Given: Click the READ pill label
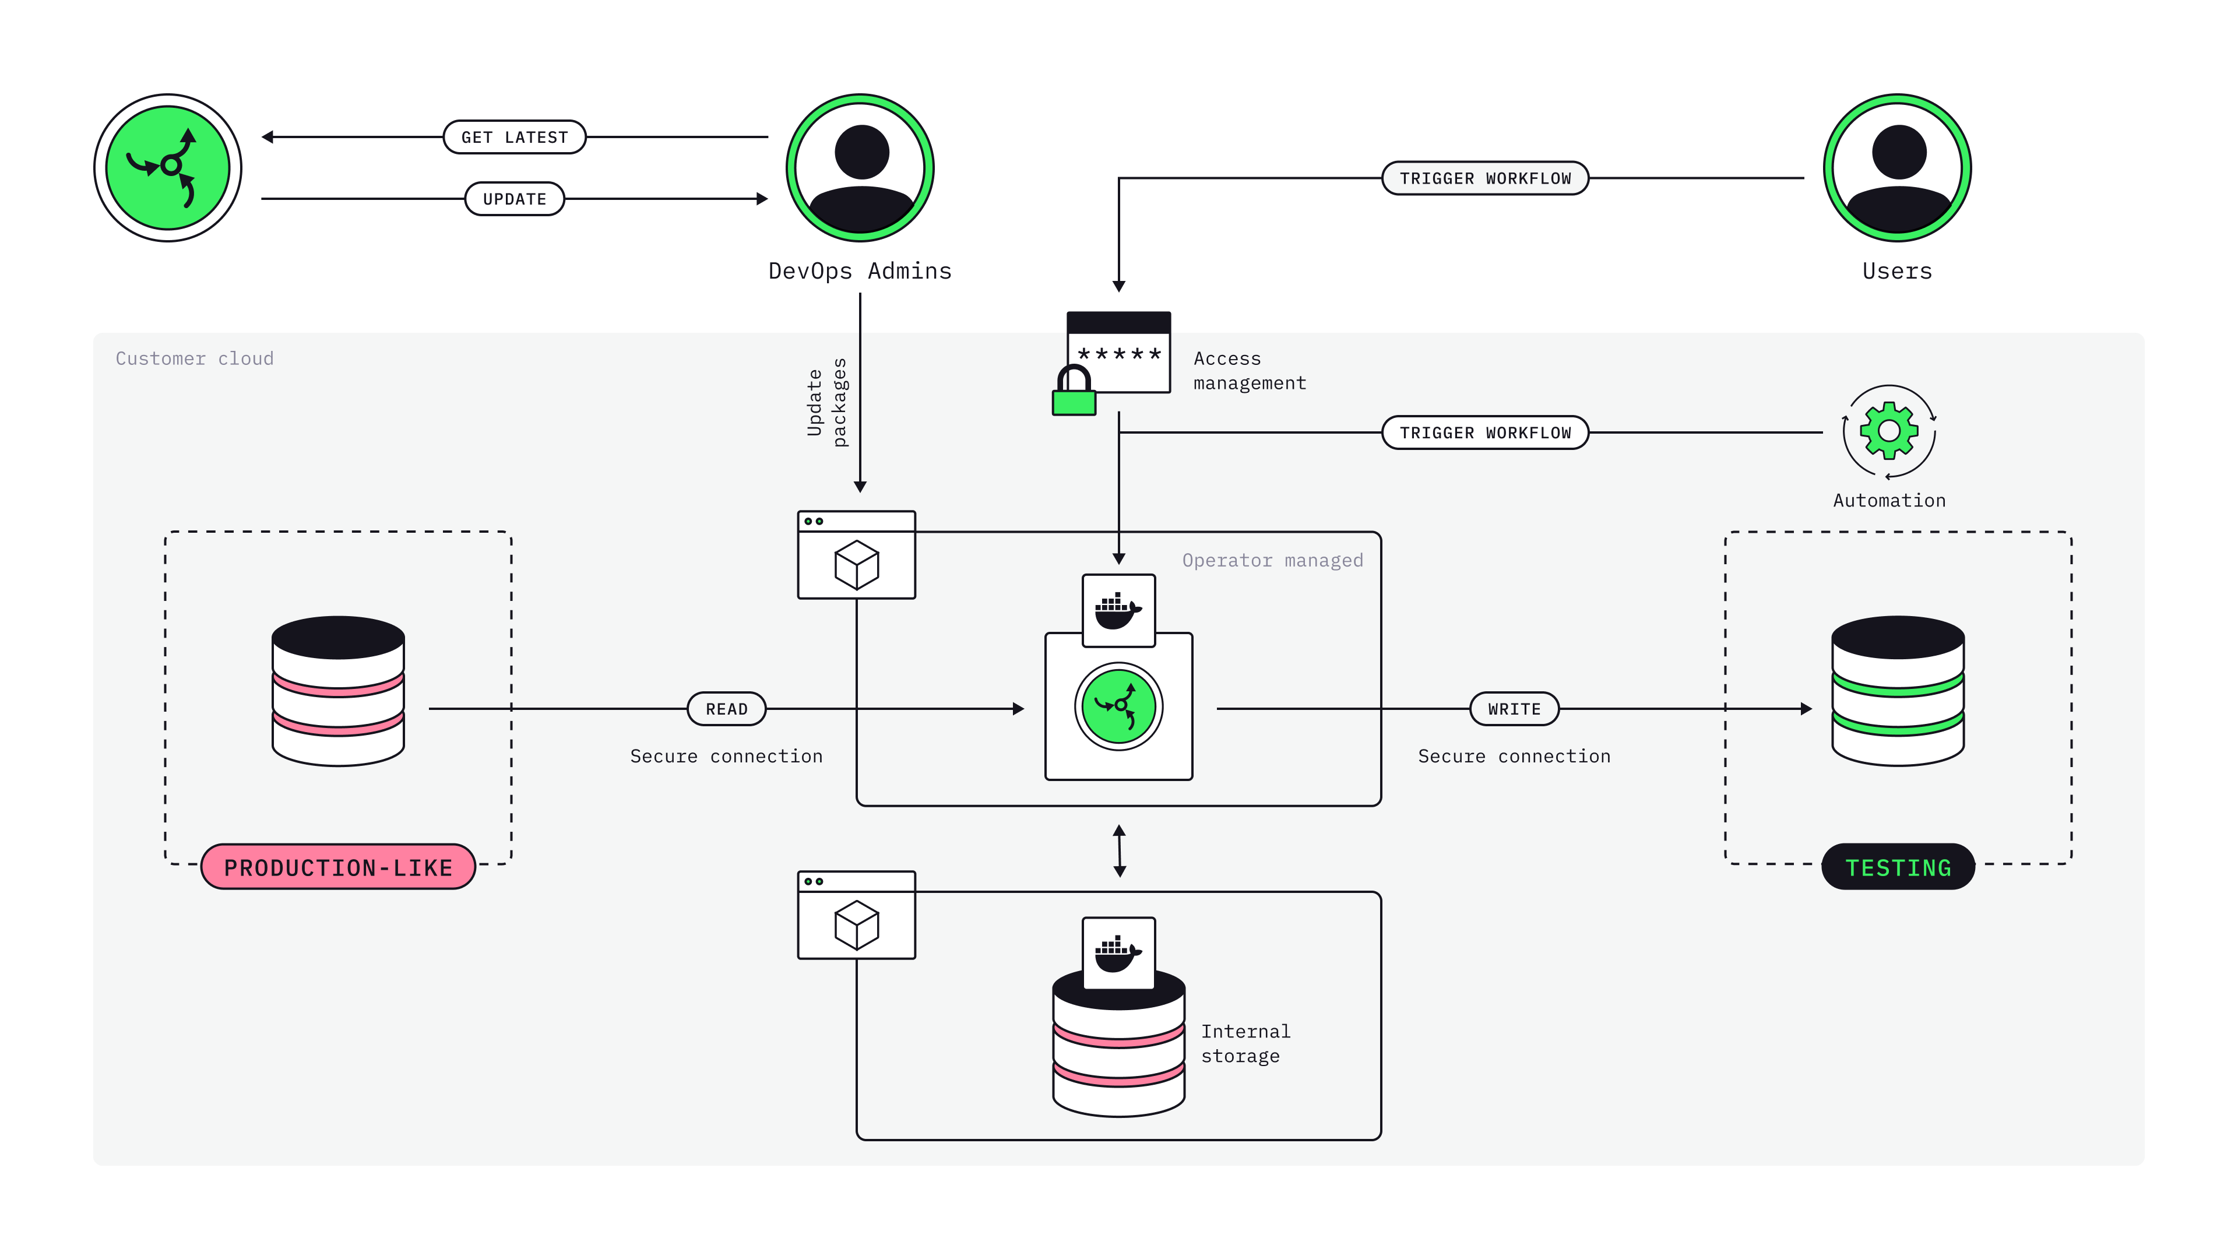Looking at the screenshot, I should click(x=726, y=709).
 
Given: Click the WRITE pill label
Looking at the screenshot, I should click(x=1514, y=709).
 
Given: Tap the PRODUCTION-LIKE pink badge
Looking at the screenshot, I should click(x=338, y=867).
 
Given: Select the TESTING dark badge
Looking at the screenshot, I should click(x=1898, y=867).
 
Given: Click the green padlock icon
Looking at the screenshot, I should click(x=1074, y=393).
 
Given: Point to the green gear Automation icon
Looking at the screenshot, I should click(x=1889, y=431).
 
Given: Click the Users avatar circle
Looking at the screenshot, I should click(x=1898, y=168).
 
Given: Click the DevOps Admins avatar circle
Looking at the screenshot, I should click(x=860, y=168).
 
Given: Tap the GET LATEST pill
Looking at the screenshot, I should click(x=514, y=138).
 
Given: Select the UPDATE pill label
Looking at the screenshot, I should click(x=514, y=199).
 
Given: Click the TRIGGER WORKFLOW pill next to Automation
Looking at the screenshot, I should click(x=1485, y=432).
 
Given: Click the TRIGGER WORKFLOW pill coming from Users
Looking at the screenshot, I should click(x=1485, y=178).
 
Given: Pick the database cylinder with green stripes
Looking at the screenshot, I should click(x=1898, y=691).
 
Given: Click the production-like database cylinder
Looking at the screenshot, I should click(x=338, y=691).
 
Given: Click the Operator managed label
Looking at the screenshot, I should click(x=1272, y=560).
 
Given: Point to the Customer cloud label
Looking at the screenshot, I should click(x=195, y=359).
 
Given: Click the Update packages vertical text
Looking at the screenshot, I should click(x=826, y=402).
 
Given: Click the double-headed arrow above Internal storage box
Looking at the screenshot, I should click(x=1119, y=850).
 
